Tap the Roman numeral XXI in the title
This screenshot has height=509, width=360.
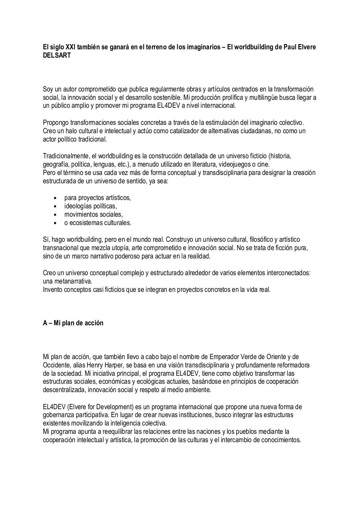[64, 47]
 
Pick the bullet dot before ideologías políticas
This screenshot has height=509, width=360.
[54, 206]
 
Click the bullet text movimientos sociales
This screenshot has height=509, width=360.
[93, 214]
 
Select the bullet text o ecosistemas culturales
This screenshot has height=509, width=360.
[97, 223]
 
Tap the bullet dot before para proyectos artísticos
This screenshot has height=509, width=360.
[54, 198]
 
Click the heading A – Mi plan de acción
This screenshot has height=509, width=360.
[73, 323]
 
